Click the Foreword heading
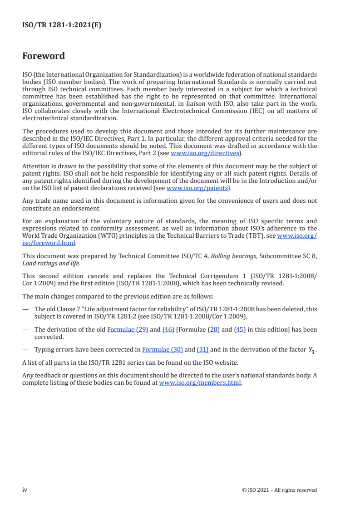click(44, 56)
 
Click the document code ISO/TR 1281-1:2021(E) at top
click(62, 25)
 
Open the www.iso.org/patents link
click(198, 187)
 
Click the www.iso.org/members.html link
click(200, 382)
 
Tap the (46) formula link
click(168, 330)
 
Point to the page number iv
click(25, 489)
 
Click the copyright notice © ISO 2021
click(280, 490)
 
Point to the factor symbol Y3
click(312, 350)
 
